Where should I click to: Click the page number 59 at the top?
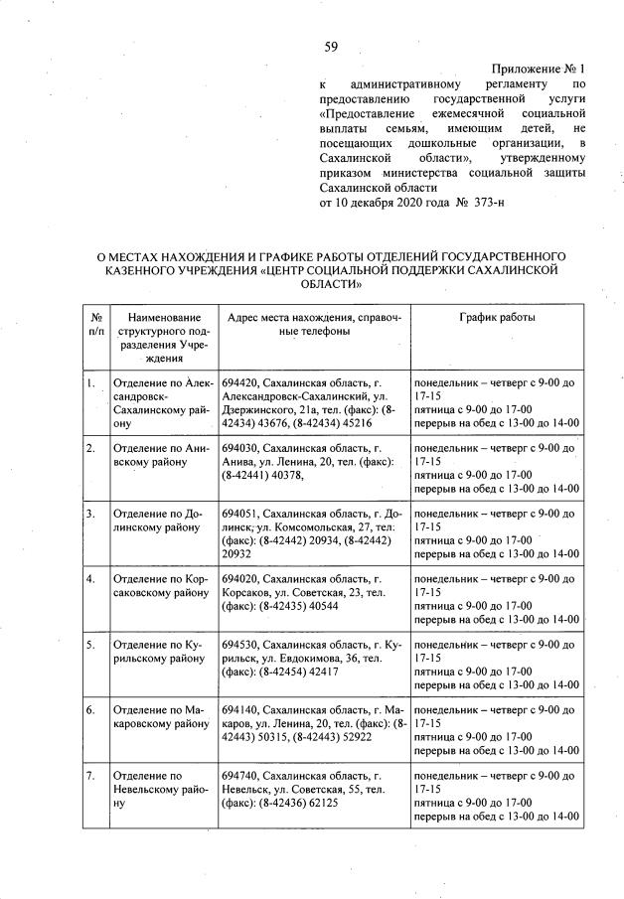331,45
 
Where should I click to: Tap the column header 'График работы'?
497,317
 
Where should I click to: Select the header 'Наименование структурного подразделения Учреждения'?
161,337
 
